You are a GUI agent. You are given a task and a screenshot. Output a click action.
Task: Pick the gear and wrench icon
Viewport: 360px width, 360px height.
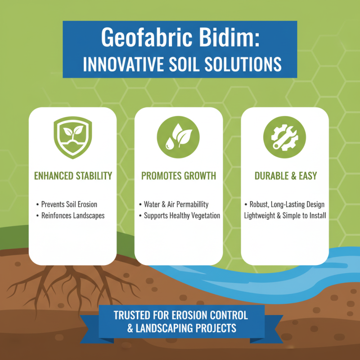[x=284, y=135]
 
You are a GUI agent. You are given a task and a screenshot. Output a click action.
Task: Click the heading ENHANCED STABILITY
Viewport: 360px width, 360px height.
[x=72, y=176]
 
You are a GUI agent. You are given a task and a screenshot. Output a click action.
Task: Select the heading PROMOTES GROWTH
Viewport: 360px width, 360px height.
[x=179, y=176]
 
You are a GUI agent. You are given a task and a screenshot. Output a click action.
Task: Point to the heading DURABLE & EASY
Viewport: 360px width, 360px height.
[x=284, y=176]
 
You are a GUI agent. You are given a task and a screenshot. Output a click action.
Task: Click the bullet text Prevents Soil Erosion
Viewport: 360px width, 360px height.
[x=75, y=205]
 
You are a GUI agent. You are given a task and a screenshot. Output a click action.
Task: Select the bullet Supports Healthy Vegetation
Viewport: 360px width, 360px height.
[x=182, y=216]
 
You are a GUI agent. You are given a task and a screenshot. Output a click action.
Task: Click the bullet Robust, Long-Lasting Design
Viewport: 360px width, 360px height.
[x=287, y=205]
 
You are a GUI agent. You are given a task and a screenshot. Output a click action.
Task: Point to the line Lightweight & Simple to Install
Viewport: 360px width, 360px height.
[x=285, y=216]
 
